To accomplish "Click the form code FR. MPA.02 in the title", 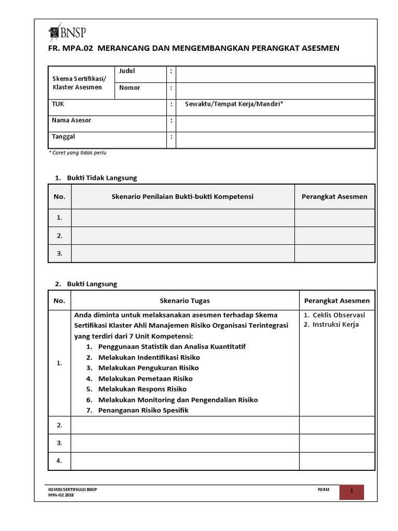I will [71, 48].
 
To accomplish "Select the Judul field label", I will [127, 71].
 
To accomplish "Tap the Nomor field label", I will [130, 88].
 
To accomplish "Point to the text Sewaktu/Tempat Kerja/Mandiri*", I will [234, 104].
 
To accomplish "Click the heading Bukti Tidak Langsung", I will [102, 178].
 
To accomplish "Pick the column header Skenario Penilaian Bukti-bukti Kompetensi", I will [182, 197].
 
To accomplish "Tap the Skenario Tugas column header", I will [185, 301].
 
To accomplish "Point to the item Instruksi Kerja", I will [335, 325].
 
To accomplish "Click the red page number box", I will [351, 492].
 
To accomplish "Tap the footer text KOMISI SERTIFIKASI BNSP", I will [73, 489].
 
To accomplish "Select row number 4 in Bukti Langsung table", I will [59, 460].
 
